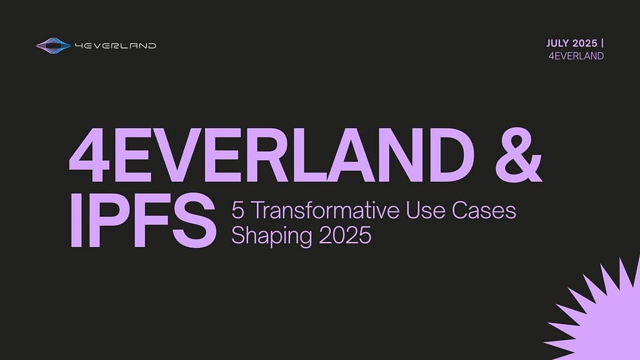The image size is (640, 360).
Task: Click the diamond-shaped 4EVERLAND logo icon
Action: click(x=54, y=46)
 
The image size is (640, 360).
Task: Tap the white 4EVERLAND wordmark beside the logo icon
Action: click(x=116, y=46)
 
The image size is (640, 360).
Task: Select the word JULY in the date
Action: click(x=557, y=43)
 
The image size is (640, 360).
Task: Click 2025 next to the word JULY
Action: click(x=585, y=43)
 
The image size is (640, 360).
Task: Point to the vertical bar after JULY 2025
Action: click(x=603, y=43)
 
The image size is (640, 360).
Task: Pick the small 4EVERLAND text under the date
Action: click(x=576, y=56)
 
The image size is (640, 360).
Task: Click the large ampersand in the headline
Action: click(x=519, y=155)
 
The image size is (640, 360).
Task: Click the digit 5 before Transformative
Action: click(x=238, y=211)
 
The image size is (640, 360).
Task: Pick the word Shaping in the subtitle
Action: click(x=272, y=236)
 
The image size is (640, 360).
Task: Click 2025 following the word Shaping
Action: click(x=345, y=236)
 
